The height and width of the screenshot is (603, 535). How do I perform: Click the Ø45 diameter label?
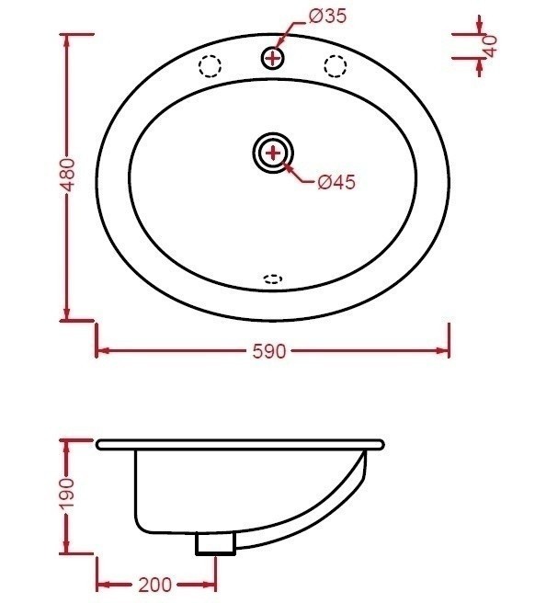(x=336, y=182)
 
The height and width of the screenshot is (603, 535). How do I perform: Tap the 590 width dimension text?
(x=273, y=351)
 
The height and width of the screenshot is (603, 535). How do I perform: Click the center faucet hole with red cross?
(x=272, y=58)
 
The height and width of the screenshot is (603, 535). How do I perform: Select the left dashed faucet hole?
(x=211, y=66)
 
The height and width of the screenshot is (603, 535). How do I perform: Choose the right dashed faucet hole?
(x=335, y=65)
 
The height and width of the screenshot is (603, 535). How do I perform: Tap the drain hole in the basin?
(x=273, y=152)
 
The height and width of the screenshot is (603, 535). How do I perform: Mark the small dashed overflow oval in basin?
(x=273, y=279)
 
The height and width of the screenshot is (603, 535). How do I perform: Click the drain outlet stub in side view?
(x=215, y=544)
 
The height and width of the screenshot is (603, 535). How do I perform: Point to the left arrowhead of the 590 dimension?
(x=103, y=350)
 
